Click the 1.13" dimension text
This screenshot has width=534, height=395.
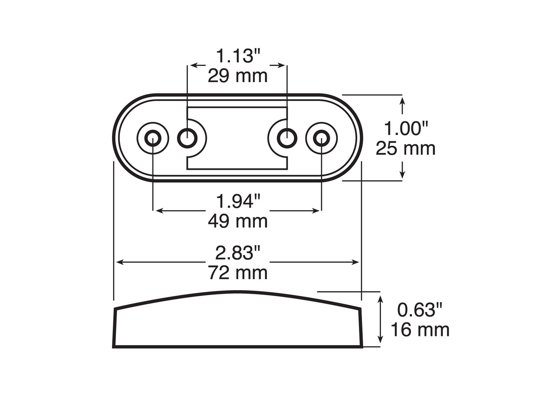[x=238, y=56]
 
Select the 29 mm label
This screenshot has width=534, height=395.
[x=237, y=76]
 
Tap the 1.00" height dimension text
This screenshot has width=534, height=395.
[x=405, y=128]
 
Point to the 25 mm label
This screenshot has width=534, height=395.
[x=405, y=148]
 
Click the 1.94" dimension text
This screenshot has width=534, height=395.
[x=238, y=202]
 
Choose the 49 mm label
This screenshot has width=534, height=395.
[x=237, y=221]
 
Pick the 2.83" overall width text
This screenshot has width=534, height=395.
[x=238, y=253]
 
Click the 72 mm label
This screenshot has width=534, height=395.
[x=237, y=273]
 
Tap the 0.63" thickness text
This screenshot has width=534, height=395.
[x=420, y=310]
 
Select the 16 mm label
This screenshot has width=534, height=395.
[x=420, y=330]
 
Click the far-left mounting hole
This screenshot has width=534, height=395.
[x=153, y=138]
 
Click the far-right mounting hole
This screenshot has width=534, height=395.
[x=321, y=138]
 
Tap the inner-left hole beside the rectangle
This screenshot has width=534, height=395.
[x=187, y=138]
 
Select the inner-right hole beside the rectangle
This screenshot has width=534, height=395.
[x=287, y=138]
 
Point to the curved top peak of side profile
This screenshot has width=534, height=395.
[x=238, y=292]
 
